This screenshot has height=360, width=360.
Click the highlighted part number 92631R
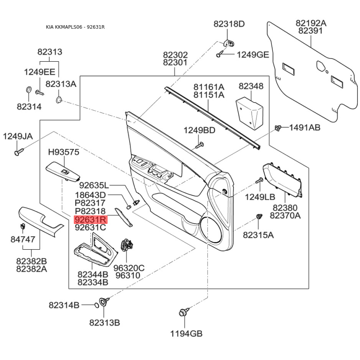click(90, 220)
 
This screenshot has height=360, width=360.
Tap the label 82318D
click(229, 24)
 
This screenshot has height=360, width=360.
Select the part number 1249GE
click(253, 55)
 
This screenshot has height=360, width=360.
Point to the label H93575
click(64, 152)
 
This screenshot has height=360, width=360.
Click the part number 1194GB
click(186, 333)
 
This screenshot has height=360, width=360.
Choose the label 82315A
click(258, 235)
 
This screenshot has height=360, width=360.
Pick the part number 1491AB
click(305, 127)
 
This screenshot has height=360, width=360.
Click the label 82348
click(251, 86)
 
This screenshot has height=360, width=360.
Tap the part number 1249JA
click(18, 136)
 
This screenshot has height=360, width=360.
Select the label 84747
click(23, 239)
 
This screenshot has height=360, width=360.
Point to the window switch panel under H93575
click(63, 172)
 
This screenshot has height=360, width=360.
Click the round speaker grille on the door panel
click(211, 230)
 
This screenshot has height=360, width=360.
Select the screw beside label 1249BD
click(199, 145)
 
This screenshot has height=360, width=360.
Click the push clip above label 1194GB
click(184, 312)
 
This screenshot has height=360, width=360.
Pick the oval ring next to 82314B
click(97, 305)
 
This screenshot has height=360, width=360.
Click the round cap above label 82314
click(29, 90)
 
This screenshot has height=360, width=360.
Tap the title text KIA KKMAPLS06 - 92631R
click(75, 27)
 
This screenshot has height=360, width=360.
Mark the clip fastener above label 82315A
click(259, 216)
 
